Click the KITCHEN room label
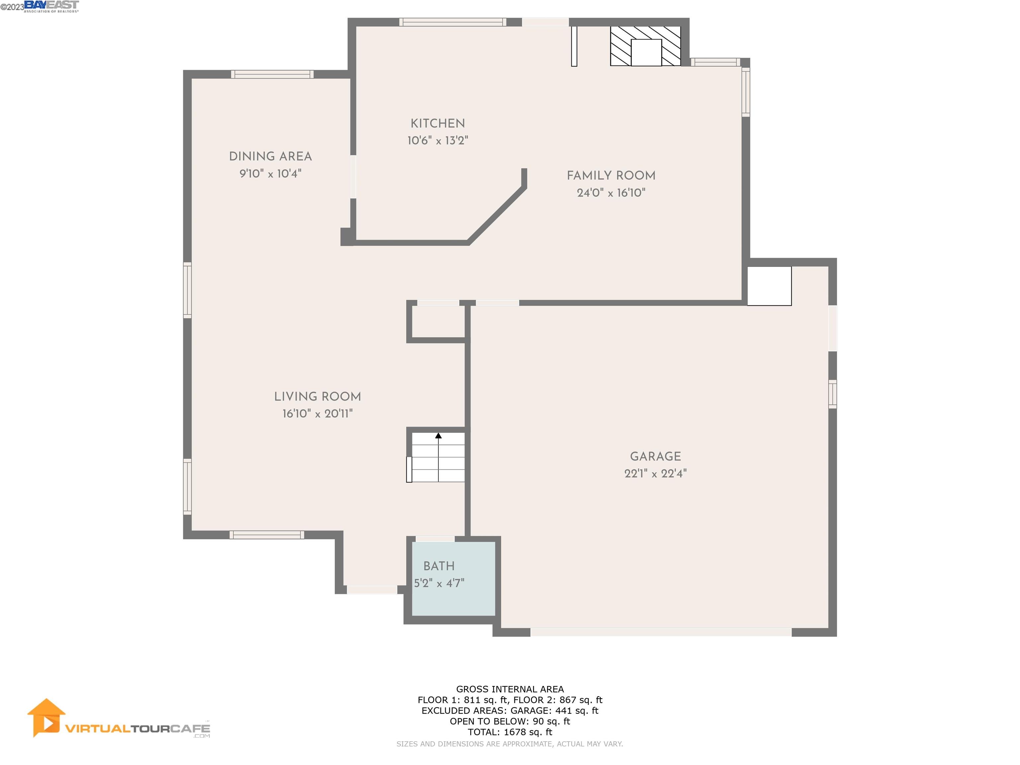(437, 124)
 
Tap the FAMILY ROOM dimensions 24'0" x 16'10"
(611, 193)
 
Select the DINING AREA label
(270, 156)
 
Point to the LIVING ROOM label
(317, 396)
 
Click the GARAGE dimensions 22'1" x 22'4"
(655, 473)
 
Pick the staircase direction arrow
(438, 436)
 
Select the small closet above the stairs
(437, 321)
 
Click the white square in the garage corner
(769, 286)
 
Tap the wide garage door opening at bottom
(660, 632)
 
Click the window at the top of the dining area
(272, 74)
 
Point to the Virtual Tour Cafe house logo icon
(46, 718)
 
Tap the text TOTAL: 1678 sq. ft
(510, 732)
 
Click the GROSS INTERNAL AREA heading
(510, 689)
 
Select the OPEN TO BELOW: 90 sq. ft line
(510, 721)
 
